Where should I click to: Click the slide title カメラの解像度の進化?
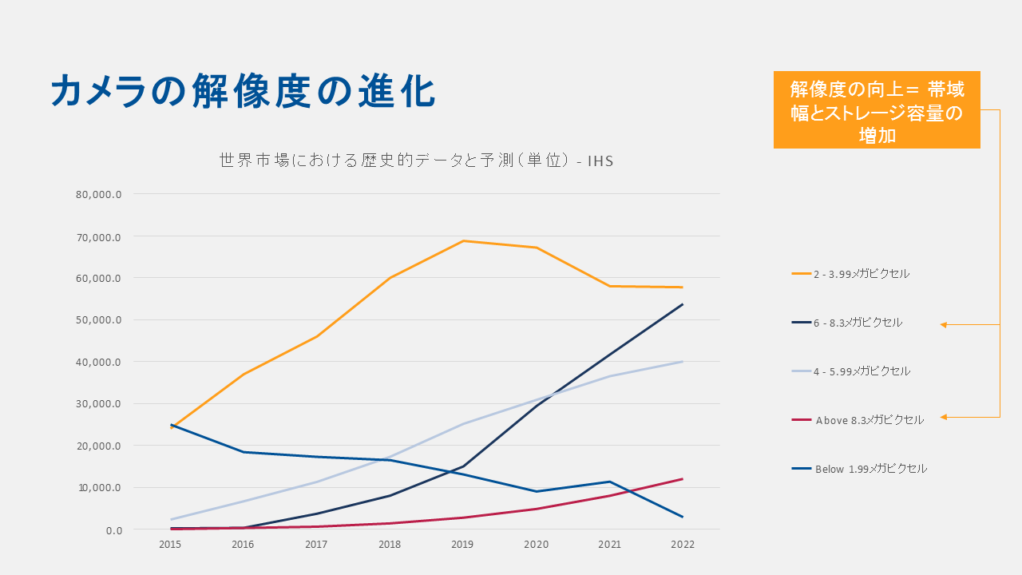[243, 91]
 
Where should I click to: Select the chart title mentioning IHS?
[416, 161]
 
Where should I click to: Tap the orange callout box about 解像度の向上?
[877, 111]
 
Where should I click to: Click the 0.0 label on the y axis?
[112, 530]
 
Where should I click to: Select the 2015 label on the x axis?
[169, 545]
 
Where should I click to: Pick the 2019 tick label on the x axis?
[462, 545]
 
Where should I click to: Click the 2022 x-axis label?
[683, 545]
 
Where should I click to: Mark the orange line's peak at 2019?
[463, 241]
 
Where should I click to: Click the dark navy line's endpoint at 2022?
[683, 304]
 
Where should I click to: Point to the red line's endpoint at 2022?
[683, 479]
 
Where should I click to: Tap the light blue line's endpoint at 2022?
[683, 362]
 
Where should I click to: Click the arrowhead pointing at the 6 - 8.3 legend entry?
[944, 324]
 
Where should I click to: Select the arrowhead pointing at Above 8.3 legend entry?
[944, 417]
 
